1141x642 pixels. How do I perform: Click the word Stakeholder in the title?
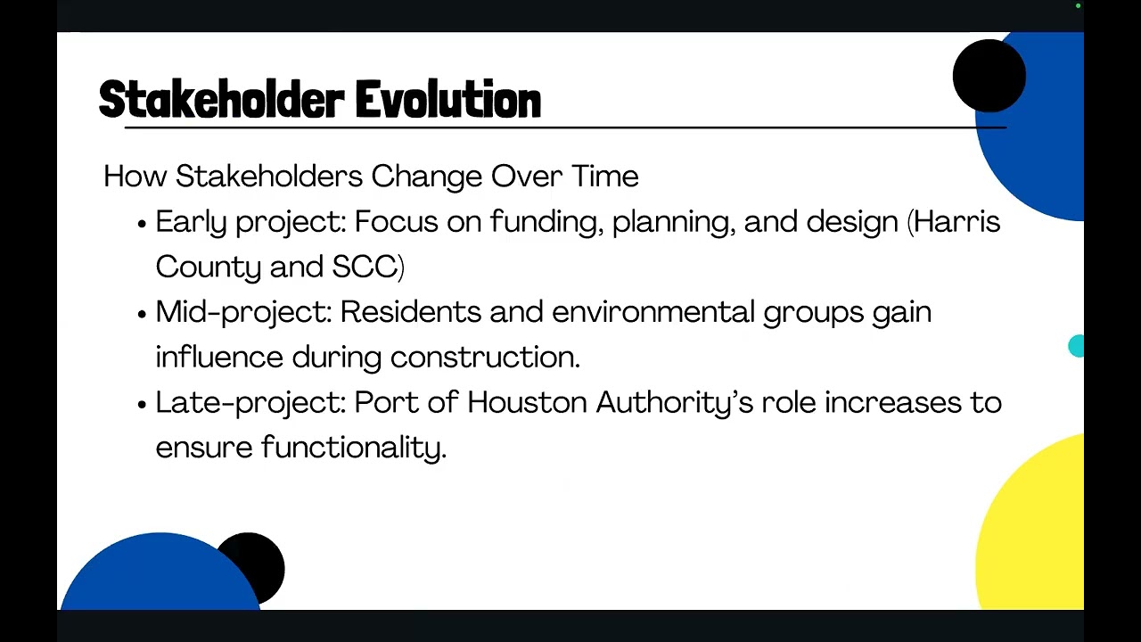tap(222, 100)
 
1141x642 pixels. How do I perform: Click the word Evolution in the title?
tap(448, 100)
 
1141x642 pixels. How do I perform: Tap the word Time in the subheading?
tap(605, 177)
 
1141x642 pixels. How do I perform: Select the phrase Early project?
tap(250, 222)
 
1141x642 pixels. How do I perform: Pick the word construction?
tap(485, 357)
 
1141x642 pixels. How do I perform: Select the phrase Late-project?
tap(250, 403)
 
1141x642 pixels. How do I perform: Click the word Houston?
tap(527, 403)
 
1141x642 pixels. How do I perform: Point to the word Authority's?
tap(675, 403)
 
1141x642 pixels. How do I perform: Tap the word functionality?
tap(354, 448)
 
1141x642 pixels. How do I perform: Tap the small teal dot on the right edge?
tap(1077, 347)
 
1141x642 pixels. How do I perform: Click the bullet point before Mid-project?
tap(142, 314)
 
